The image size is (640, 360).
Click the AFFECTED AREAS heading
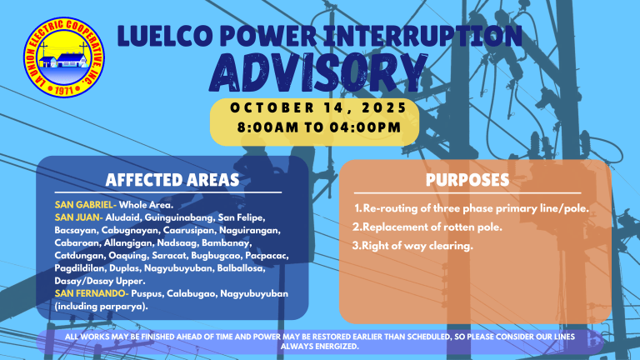click(172, 180)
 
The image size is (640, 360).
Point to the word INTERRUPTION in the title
click(428, 36)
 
